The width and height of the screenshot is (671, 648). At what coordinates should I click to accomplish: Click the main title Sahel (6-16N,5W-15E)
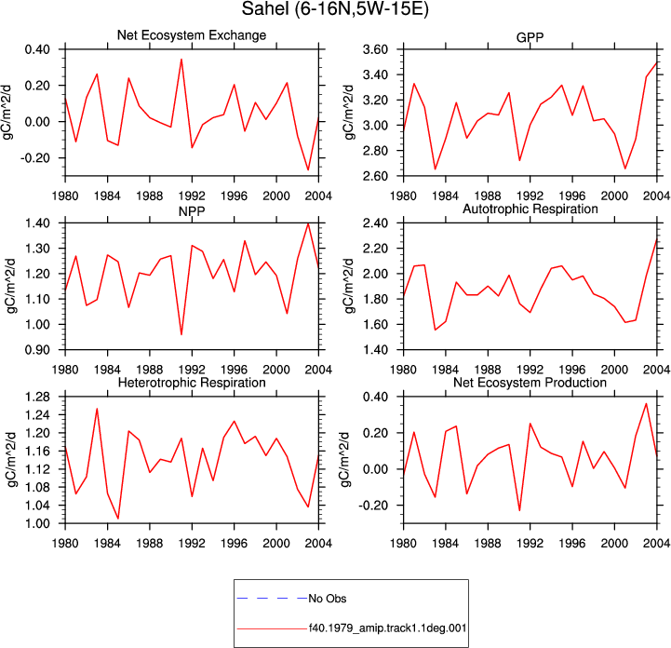(x=335, y=8)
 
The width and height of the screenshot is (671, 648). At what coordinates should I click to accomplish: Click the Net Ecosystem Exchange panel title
(x=192, y=35)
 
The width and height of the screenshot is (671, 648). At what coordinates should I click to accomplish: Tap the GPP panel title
(x=530, y=37)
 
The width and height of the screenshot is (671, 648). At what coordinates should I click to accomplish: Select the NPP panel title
(x=192, y=211)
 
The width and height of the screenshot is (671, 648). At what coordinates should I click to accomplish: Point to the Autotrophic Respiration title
(x=530, y=209)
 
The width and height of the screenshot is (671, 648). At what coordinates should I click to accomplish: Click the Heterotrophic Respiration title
(x=192, y=383)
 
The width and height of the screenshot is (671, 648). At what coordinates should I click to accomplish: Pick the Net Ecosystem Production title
(x=530, y=383)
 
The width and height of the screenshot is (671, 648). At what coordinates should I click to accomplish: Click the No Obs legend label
(x=328, y=599)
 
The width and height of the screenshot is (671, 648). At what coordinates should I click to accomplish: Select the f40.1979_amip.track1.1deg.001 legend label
(x=388, y=628)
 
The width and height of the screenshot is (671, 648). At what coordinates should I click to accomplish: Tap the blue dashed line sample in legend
(x=272, y=598)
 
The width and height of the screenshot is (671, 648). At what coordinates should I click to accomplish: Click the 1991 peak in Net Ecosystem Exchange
(x=181, y=59)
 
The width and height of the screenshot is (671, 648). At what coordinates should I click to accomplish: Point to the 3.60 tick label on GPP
(x=375, y=49)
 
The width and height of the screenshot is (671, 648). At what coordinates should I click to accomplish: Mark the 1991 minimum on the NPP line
(x=181, y=334)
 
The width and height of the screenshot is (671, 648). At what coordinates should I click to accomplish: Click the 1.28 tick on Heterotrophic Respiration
(x=37, y=397)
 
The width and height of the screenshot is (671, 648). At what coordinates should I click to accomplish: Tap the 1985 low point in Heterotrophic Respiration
(x=118, y=519)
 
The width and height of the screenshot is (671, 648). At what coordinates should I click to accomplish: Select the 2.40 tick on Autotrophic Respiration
(x=375, y=223)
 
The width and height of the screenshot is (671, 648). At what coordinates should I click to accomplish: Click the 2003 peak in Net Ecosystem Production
(x=646, y=403)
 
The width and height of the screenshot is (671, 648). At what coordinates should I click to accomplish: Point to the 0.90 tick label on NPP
(x=37, y=350)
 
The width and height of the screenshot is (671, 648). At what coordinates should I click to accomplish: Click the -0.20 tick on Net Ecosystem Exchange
(x=35, y=158)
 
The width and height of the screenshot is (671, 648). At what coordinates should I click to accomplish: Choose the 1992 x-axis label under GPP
(x=530, y=196)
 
